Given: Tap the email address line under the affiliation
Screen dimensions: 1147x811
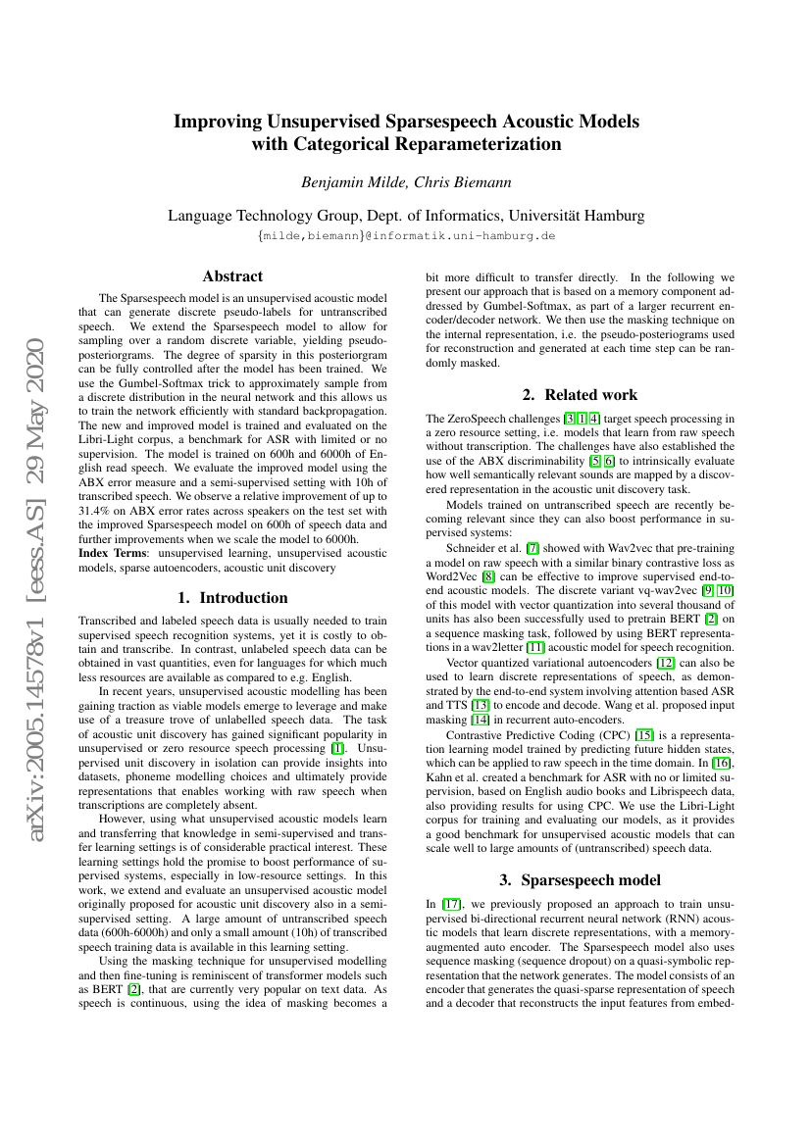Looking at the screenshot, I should [x=406, y=236].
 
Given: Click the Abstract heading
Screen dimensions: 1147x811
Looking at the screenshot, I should [x=232, y=276].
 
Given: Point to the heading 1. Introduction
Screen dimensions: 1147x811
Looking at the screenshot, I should [x=232, y=597].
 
